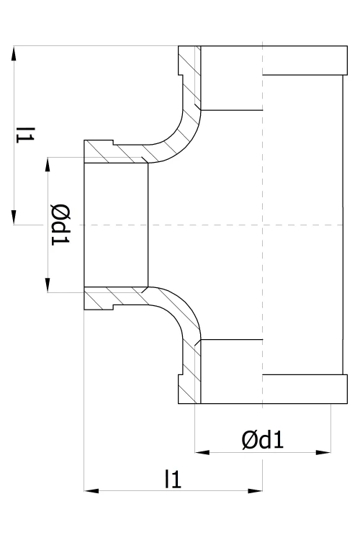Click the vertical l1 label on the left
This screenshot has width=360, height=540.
click(25, 135)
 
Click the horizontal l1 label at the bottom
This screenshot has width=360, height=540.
click(173, 479)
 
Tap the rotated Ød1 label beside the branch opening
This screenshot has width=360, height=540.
click(60, 225)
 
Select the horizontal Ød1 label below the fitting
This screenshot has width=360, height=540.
click(263, 439)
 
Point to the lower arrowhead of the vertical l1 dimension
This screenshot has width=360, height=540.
click(14, 217)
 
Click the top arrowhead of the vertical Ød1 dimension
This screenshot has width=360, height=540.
click(48, 165)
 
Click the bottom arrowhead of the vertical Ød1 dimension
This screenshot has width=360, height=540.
click(48, 285)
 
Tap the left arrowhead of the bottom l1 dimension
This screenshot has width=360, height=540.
click(91, 491)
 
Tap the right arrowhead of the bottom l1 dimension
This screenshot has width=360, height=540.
click(256, 491)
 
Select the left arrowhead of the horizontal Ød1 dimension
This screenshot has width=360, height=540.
click(202, 452)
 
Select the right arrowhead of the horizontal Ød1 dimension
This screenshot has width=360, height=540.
click(323, 452)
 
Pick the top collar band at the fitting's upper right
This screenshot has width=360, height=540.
click(305, 60)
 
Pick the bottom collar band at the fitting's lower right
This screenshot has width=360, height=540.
click(305, 389)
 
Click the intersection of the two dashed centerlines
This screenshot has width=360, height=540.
click(263, 225)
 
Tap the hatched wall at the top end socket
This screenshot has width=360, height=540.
click(190, 76)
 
